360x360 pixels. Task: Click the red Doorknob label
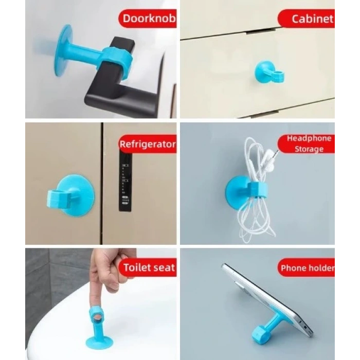tap(149, 20)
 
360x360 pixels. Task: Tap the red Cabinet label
tap(308, 19)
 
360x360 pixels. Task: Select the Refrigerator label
tap(147, 144)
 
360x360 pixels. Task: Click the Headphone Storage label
tap(308, 144)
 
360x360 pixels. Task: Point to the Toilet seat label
tap(148, 267)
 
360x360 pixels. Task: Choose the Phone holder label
tap(307, 268)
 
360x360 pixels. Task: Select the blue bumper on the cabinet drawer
tap(268, 72)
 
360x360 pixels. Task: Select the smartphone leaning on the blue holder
tap(273, 298)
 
